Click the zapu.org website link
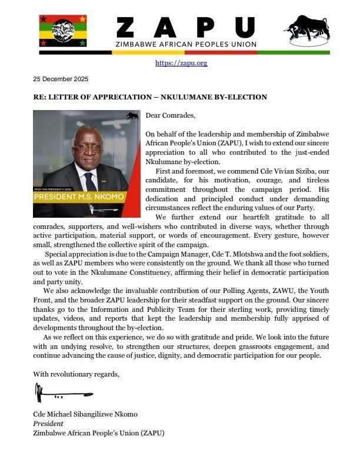181,63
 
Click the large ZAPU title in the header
186,27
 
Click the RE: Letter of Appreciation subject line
150,97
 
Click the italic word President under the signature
49,423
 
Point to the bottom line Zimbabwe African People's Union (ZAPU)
99,432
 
